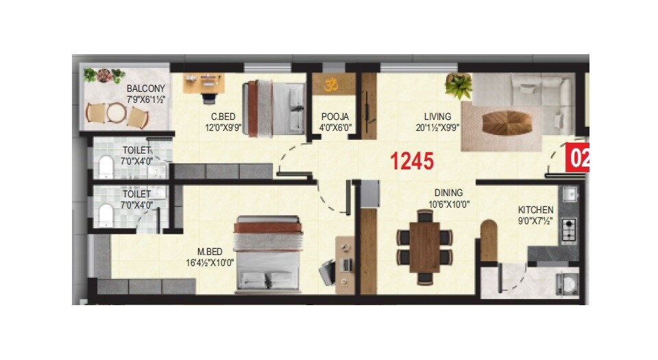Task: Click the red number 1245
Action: click(412, 162)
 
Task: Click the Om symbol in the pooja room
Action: click(332, 85)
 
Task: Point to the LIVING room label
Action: click(437, 117)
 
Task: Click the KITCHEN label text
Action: click(535, 210)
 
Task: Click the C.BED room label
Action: click(223, 117)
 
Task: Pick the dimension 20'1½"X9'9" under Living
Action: click(437, 127)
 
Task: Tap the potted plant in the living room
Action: click(458, 87)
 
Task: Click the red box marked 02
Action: click(577, 159)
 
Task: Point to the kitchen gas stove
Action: click(569, 232)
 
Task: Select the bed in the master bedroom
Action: click(269, 254)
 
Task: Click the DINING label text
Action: click(448, 193)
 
